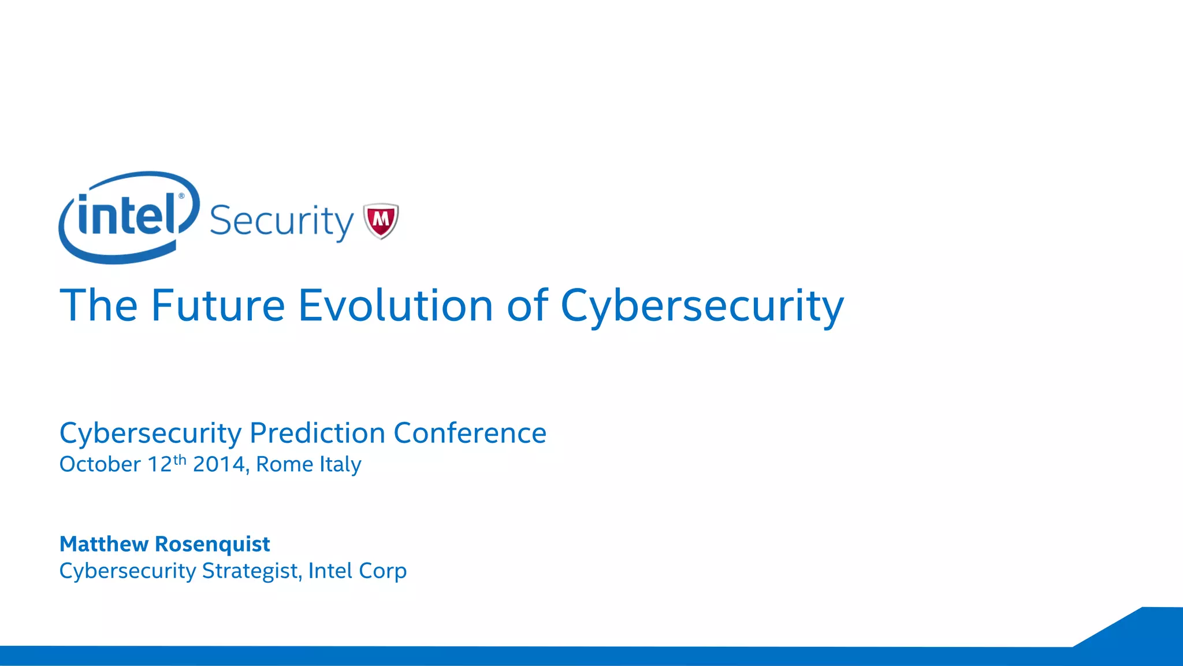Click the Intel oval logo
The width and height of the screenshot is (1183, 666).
click(128, 217)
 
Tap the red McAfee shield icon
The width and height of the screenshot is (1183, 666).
click(381, 220)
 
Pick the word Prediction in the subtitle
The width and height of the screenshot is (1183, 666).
click(317, 433)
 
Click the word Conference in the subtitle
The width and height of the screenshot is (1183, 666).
click(470, 433)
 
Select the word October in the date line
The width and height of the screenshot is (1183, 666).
click(100, 464)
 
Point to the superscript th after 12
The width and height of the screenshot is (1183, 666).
click(180, 460)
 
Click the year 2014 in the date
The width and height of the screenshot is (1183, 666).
click(220, 464)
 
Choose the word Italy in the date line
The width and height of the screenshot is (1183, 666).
click(340, 464)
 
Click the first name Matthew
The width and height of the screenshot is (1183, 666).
click(104, 544)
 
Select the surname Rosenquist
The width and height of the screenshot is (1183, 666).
click(213, 545)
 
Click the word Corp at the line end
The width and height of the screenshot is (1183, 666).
click(382, 571)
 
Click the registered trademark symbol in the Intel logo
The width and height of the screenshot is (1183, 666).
click(181, 196)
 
